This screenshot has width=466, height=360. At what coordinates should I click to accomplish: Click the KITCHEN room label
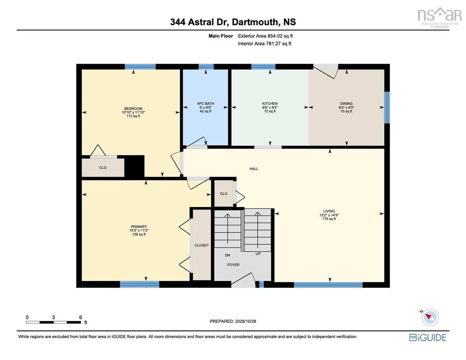[x=270, y=104]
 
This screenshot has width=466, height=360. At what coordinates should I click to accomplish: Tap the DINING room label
[x=346, y=104]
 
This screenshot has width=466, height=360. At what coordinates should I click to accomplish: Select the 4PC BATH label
[x=205, y=104]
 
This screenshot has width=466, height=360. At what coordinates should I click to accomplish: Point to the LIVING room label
[x=329, y=211]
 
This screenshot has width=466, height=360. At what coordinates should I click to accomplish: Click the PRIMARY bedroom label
[x=139, y=227]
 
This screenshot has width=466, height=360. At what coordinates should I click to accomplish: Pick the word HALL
[x=254, y=169]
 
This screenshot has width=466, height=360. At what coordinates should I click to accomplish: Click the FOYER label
[x=233, y=265]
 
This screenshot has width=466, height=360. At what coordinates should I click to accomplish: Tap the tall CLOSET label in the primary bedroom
[x=202, y=245]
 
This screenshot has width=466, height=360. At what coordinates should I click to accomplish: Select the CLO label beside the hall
[x=223, y=194]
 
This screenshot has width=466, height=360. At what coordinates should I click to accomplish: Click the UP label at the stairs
[x=258, y=254]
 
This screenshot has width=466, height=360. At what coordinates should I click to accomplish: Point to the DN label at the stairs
[x=227, y=255]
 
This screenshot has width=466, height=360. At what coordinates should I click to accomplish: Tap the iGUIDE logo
[x=428, y=338]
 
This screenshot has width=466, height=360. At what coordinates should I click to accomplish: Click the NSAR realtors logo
[x=440, y=17]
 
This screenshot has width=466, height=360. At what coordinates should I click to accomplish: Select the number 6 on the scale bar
[x=80, y=317]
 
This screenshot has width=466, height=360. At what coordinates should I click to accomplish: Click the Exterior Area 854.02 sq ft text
[x=265, y=36]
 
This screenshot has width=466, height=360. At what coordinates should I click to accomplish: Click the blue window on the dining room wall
[x=387, y=108]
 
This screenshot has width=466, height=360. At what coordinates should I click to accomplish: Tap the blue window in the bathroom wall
[x=206, y=67]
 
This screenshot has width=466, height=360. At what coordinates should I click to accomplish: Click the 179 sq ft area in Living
[x=329, y=219]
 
